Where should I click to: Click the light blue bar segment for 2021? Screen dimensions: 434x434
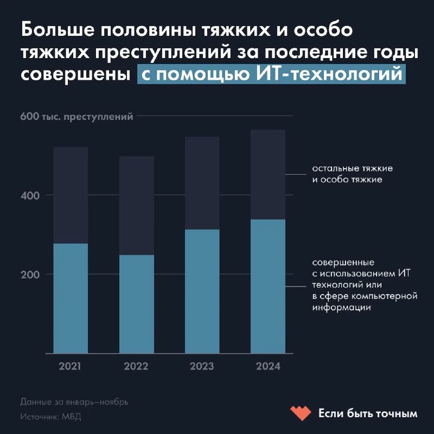(71, 298)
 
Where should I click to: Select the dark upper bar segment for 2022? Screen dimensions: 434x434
(136, 205)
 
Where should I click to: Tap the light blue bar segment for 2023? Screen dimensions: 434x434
(202, 291)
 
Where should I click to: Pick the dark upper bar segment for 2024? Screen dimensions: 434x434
(268, 175)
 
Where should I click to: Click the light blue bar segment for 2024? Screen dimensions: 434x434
(268, 286)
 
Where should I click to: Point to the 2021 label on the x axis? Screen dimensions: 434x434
(71, 367)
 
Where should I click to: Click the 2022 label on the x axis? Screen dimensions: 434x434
(136, 367)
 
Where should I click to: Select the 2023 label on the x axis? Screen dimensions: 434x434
(202, 367)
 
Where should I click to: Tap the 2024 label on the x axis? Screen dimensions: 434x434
(268, 367)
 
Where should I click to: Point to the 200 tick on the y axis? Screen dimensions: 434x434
(31, 275)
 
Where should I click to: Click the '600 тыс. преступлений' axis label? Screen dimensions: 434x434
(76, 116)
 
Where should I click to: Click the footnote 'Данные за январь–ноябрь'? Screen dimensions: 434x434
(74, 403)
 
